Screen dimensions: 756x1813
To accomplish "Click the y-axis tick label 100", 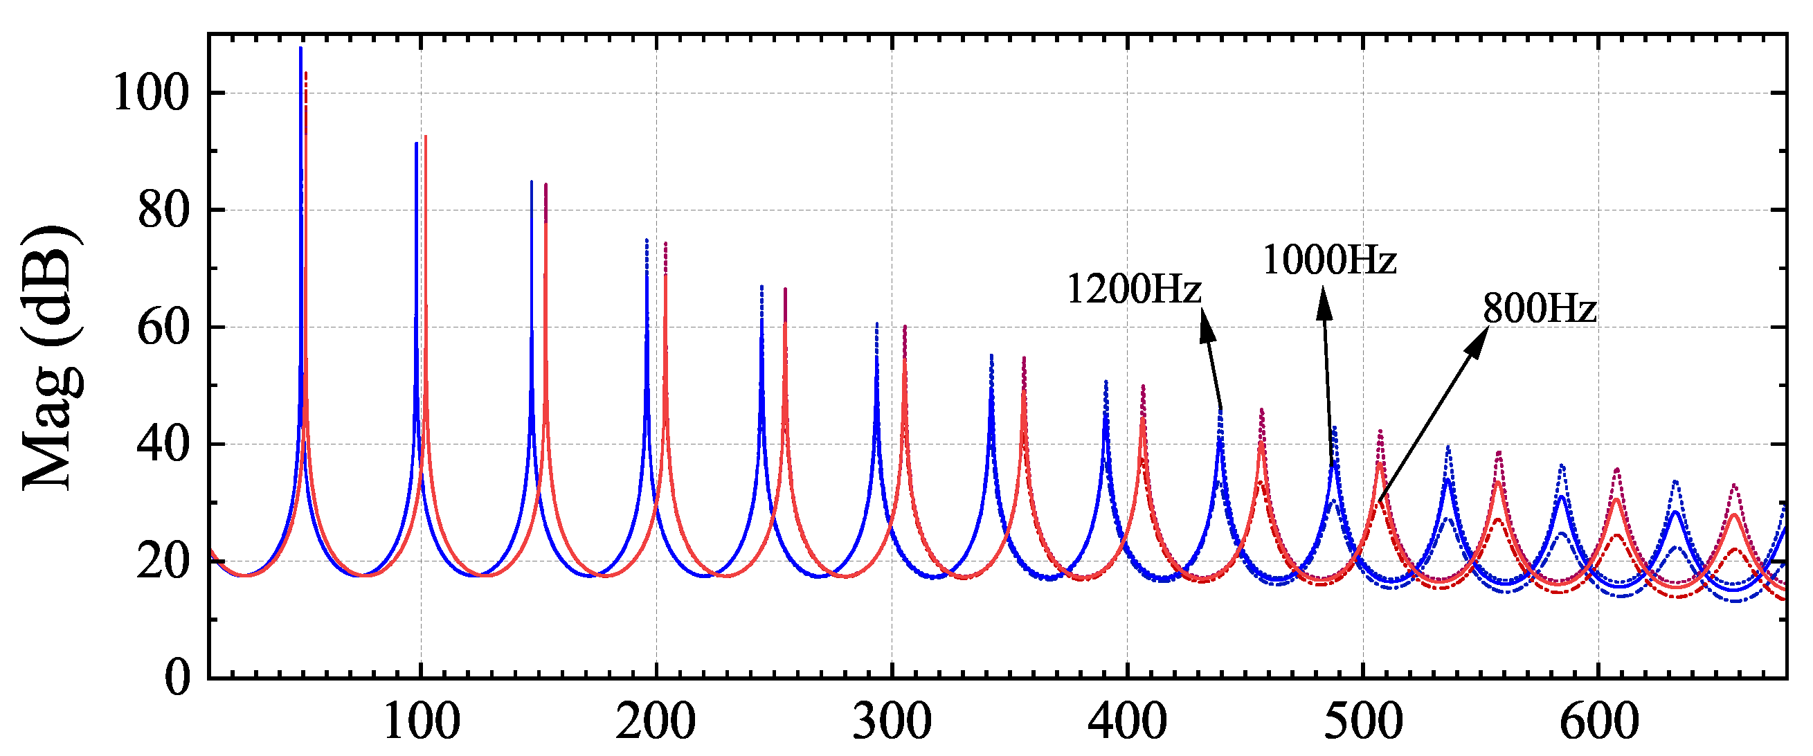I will [x=151, y=93].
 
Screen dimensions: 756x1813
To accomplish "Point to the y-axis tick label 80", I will [x=163, y=210].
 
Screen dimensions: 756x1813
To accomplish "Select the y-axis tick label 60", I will [x=163, y=327].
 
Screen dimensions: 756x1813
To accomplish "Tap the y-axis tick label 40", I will [x=163, y=444].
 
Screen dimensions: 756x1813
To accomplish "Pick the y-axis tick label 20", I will [x=163, y=561].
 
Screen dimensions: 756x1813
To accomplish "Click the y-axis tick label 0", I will [x=177, y=677].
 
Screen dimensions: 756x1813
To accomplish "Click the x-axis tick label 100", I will [x=422, y=722].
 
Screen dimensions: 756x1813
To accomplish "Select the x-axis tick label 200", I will [x=656, y=722].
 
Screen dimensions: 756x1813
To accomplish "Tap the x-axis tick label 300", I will [x=892, y=722].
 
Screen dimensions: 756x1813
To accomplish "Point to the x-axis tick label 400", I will [x=1127, y=722].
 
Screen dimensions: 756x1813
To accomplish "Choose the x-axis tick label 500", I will [x=1362, y=722].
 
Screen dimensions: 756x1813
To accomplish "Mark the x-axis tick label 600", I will [x=1598, y=722].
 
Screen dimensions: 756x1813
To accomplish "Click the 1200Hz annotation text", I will [x=1134, y=289].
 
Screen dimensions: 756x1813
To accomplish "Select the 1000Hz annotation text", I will [x=1329, y=260].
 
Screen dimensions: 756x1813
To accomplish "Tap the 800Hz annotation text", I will [x=1540, y=308].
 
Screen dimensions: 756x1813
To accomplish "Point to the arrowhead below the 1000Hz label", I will [x=1324, y=305].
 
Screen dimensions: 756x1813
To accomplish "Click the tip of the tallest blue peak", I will [x=300, y=48].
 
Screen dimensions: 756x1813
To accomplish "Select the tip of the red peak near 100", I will [x=426, y=137].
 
